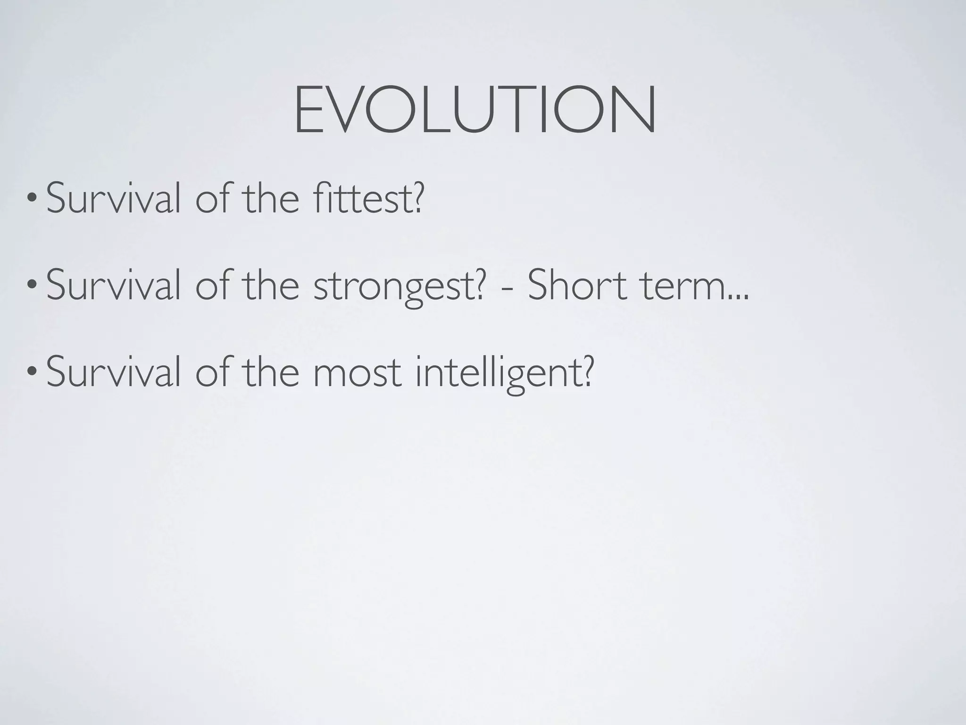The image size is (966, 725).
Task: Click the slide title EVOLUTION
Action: pyautogui.click(x=475, y=110)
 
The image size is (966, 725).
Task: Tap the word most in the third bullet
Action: pyautogui.click(x=357, y=373)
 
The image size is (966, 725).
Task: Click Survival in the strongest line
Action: pyautogui.click(x=113, y=286)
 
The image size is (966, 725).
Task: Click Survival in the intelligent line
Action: pyautogui.click(x=113, y=372)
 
